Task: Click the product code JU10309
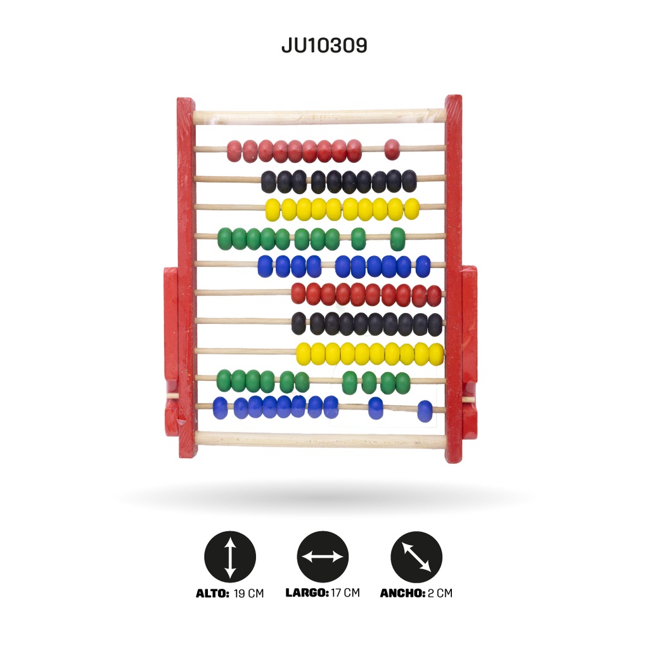[324, 45]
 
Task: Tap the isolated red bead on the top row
[392, 150]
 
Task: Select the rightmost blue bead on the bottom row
[425, 411]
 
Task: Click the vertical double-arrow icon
[230, 556]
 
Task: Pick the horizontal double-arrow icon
[323, 556]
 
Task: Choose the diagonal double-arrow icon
[416, 556]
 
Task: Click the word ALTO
[212, 593]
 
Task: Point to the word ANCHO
[402, 593]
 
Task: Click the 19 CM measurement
[248, 593]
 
